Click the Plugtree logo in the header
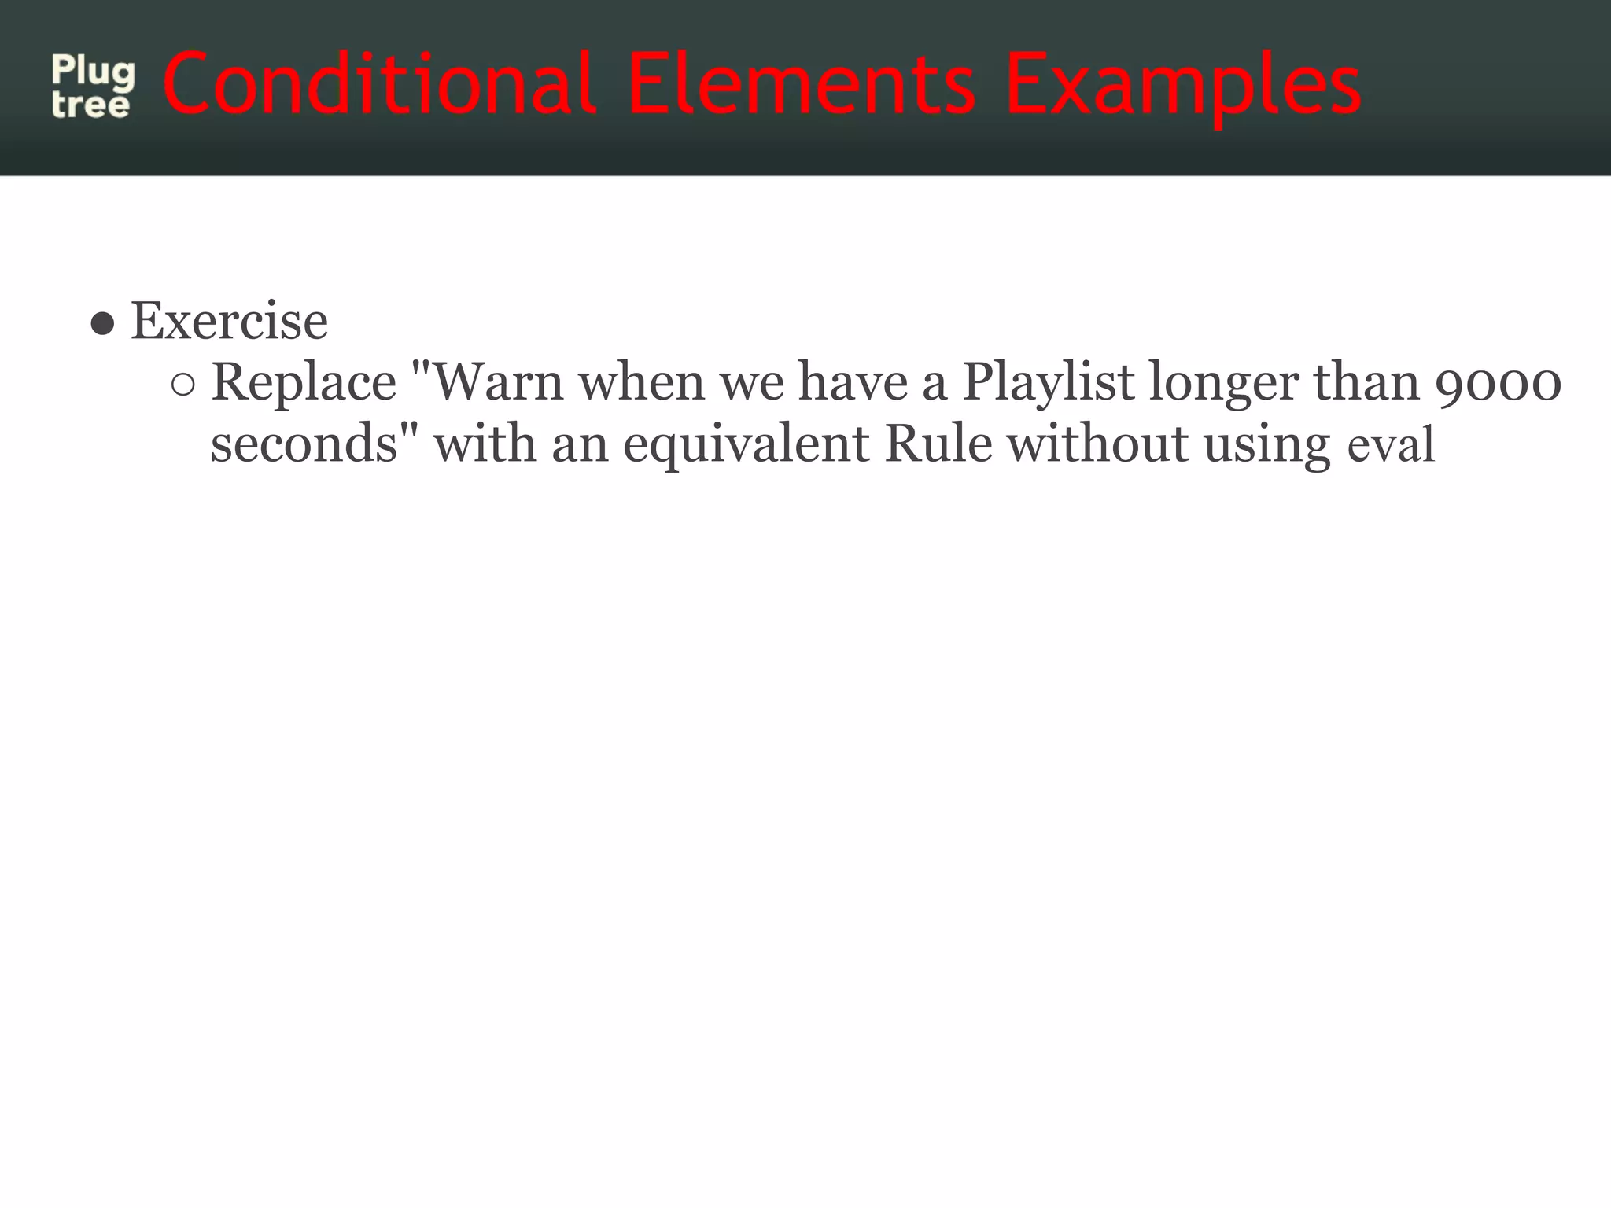93,87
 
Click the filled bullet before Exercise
103,323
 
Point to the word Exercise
229,322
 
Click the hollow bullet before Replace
182,385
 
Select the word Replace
304,383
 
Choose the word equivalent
746,446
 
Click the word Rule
938,444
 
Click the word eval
1391,446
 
